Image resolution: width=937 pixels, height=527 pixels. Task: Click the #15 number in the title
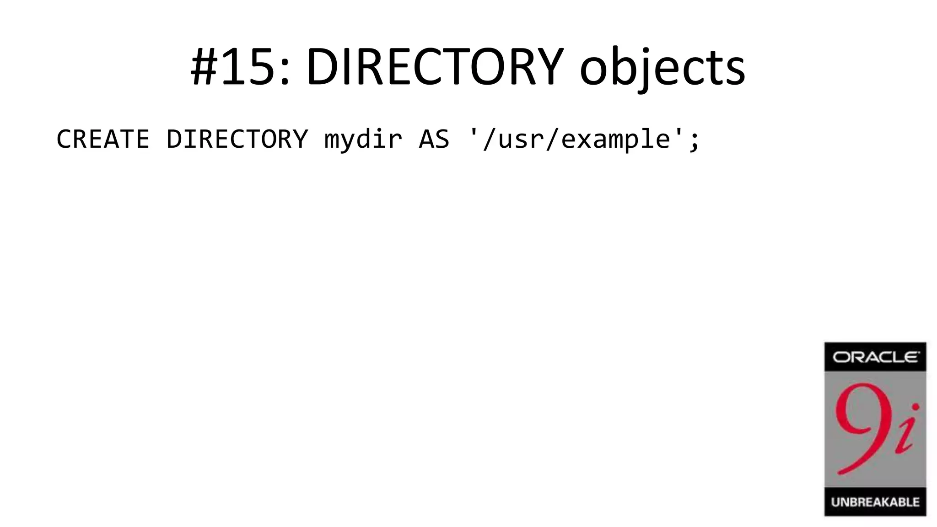pyautogui.click(x=240, y=68)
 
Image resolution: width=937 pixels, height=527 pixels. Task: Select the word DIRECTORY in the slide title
pyautogui.click(x=434, y=68)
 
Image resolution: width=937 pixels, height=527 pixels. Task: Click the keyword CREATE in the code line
pyautogui.click(x=103, y=139)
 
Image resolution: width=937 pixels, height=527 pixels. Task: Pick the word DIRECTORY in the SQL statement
pyautogui.click(x=237, y=139)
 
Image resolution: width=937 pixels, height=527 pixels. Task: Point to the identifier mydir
pyautogui.click(x=363, y=139)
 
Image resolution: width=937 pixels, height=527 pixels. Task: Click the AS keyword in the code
pyautogui.click(x=434, y=139)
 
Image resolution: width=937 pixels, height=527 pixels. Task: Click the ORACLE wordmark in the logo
pyautogui.click(x=875, y=357)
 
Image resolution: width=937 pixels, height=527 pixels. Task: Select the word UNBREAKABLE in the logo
pyautogui.click(x=875, y=502)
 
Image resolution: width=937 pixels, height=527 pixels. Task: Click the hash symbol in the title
pyautogui.click(x=204, y=68)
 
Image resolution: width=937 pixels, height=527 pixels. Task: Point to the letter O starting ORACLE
pyautogui.click(x=840, y=357)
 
